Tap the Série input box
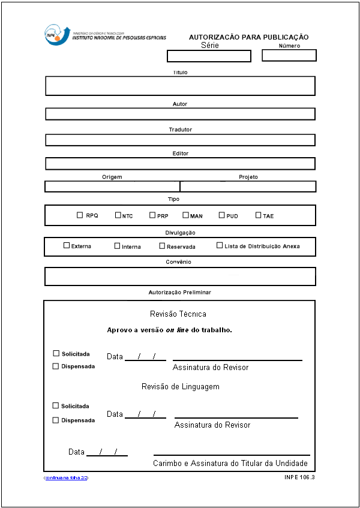(209, 56)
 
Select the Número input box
(289, 55)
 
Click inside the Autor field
(180, 114)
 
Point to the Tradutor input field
(180, 140)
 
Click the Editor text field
(180, 163)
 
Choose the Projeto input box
(248, 187)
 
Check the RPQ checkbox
(80, 215)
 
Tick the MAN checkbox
(185, 215)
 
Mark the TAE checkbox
(259, 215)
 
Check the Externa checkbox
(67, 245)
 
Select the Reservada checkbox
(162, 245)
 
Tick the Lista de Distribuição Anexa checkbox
(220, 245)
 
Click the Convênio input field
(180, 276)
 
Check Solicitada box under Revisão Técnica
(56, 354)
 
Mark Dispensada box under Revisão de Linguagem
(56, 420)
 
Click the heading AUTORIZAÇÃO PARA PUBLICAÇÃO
(248, 37)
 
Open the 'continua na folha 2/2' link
(66, 477)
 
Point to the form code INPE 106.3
(299, 477)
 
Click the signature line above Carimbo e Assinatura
(232, 455)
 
